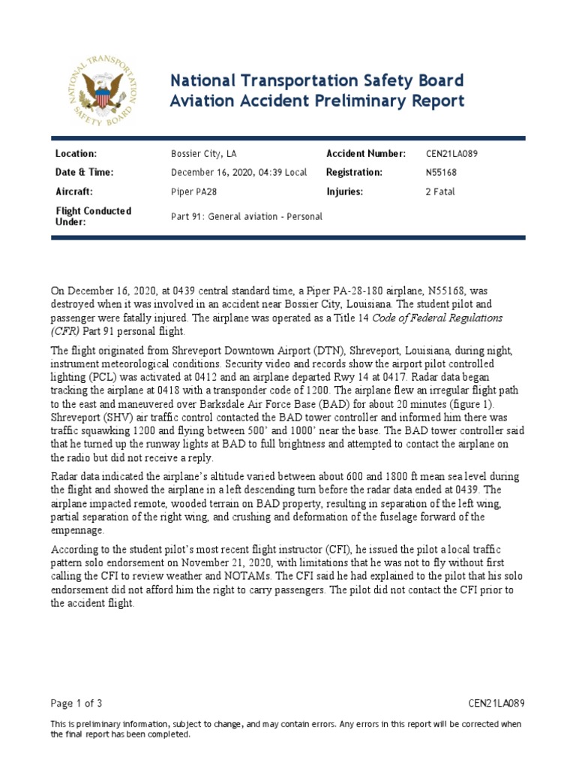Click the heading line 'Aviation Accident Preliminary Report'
(317, 101)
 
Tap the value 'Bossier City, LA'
(206, 153)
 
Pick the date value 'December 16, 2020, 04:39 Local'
(239, 173)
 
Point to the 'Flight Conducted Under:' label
(93, 216)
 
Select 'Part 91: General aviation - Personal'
(247, 216)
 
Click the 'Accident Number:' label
(366, 153)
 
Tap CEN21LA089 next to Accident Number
(451, 153)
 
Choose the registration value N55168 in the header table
(440, 173)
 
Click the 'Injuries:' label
(344, 191)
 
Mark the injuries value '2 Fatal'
(440, 191)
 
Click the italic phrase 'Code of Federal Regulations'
(435, 318)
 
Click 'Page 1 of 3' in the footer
(76, 703)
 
